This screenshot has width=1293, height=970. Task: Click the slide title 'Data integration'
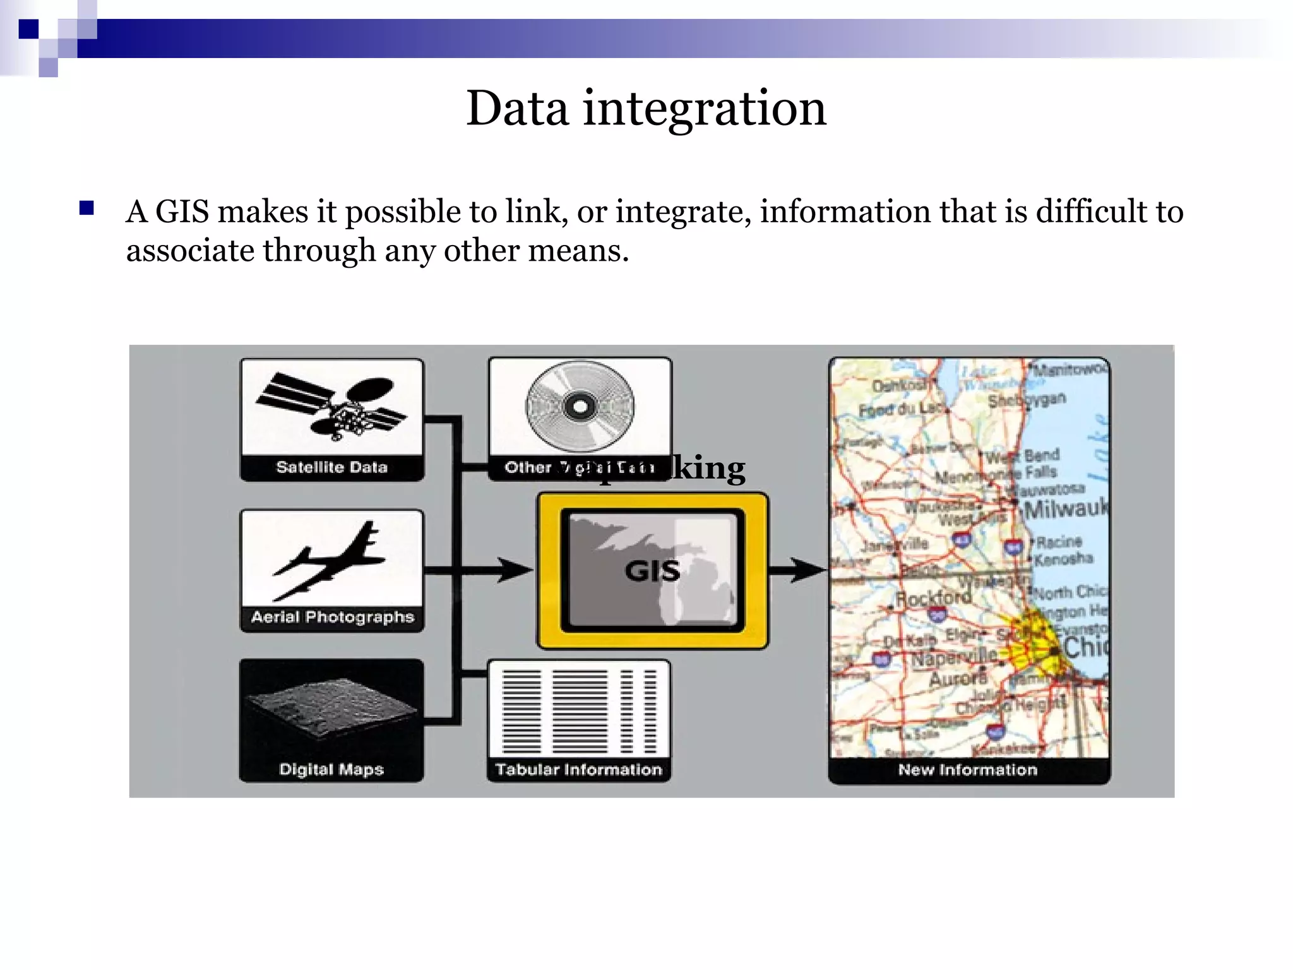[646, 109]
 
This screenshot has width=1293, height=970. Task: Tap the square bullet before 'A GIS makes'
[86, 208]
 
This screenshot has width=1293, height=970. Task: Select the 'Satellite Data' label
[331, 467]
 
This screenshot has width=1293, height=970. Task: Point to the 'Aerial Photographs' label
[332, 617]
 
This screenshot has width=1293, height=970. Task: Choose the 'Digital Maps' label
[331, 769]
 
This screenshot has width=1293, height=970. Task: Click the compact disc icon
[580, 405]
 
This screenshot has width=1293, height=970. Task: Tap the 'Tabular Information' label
[578, 769]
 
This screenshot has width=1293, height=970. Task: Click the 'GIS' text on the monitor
[652, 571]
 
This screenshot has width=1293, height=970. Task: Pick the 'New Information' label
[967, 769]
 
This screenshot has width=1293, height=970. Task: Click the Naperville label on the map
[953, 658]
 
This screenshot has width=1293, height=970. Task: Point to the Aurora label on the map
[957, 679]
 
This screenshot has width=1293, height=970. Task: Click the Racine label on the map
[1059, 542]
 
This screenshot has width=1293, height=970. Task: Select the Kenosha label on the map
[1063, 558]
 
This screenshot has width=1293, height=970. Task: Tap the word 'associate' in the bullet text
[190, 251]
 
